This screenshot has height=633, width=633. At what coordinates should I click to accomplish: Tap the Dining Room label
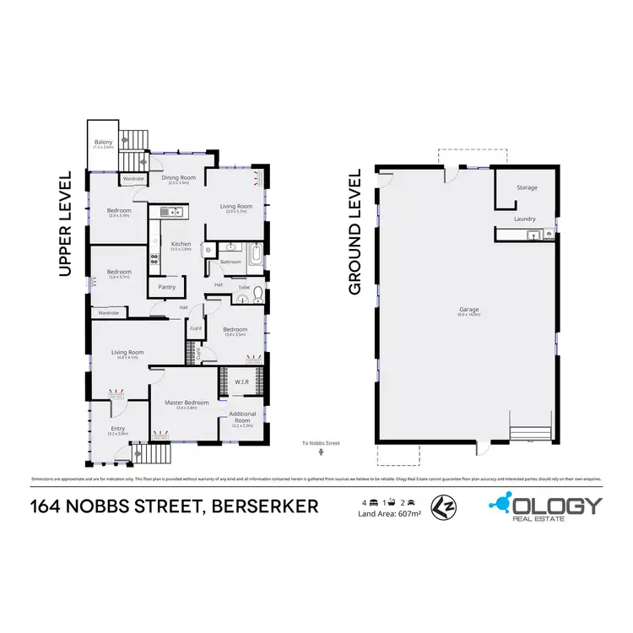pos(178,177)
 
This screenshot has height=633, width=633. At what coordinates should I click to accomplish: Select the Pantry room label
pos(165,287)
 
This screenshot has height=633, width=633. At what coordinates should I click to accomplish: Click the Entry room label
pos(116,429)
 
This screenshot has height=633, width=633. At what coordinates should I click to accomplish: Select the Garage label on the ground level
pos(469,309)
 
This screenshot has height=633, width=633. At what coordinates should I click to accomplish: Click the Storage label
pos(527,187)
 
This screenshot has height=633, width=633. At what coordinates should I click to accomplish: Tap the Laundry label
pos(524,219)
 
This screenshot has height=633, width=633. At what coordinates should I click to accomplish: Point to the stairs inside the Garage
pos(532,431)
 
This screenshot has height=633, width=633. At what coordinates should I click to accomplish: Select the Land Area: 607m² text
pos(389,513)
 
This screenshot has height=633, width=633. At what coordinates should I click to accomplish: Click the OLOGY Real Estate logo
pos(546,506)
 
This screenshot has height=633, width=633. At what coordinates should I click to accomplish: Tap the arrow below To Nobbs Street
pos(321,452)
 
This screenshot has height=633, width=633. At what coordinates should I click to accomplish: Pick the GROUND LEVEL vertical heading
pos(355,231)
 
